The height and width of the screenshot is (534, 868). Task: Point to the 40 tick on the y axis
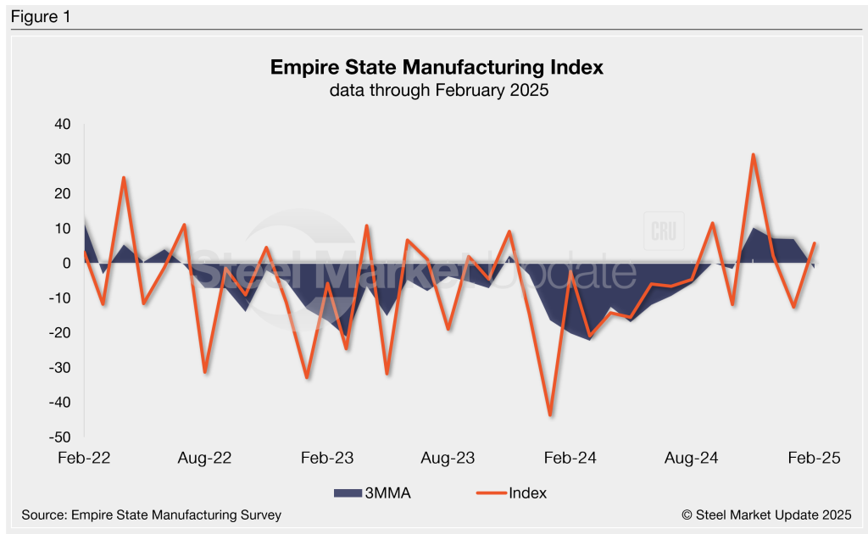coord(63,125)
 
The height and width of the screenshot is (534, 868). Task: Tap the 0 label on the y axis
coord(66,264)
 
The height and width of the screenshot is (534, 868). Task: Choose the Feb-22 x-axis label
coord(85,459)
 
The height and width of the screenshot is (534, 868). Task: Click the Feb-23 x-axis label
coord(327,459)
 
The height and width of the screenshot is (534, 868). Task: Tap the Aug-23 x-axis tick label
coord(448,459)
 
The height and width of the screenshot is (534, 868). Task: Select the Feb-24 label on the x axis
coord(570,459)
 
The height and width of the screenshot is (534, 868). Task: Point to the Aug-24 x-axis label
coord(691,459)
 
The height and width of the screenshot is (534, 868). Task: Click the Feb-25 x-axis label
coord(813,459)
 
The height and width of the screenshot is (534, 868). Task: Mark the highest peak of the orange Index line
coord(753,154)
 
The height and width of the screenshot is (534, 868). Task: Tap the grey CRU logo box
coord(663,230)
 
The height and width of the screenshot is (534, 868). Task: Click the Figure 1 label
coord(40,16)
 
